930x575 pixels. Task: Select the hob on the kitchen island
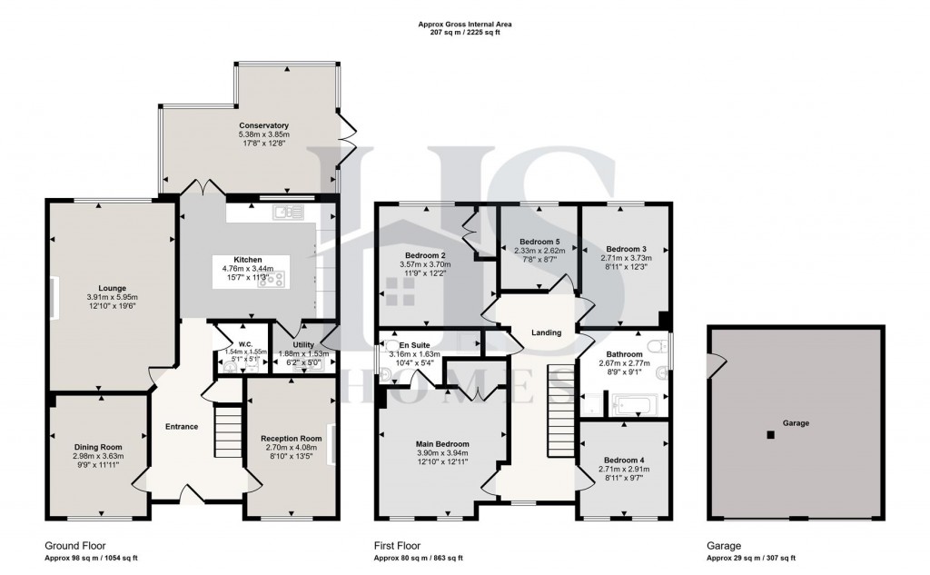click(x=270, y=280)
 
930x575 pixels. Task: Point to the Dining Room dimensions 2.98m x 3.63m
click(x=98, y=456)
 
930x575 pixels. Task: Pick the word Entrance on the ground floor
click(x=182, y=426)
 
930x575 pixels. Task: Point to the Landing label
click(x=547, y=332)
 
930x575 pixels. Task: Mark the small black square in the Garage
click(x=770, y=435)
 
